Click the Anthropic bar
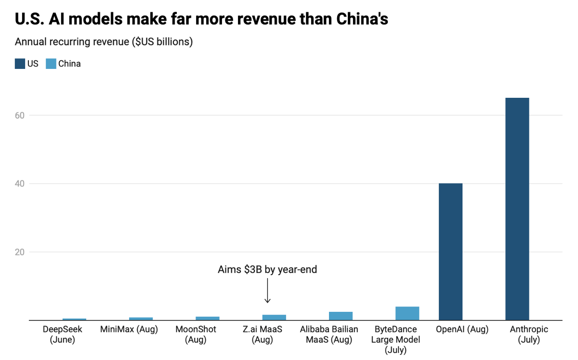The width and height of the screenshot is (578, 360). [x=517, y=209]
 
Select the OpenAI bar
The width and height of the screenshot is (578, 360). [x=450, y=252]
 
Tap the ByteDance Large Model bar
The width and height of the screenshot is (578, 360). [x=407, y=313]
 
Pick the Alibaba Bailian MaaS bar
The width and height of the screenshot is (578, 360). [x=341, y=316]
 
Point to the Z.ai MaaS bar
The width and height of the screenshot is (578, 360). [x=274, y=318]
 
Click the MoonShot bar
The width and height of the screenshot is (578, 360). [x=208, y=318]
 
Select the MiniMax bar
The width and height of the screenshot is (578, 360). [x=141, y=319]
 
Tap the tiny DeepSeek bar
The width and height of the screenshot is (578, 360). [x=74, y=319]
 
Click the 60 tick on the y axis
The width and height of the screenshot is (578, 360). [x=20, y=116]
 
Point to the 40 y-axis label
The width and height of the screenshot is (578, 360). [x=20, y=184]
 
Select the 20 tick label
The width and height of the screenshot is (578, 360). [x=20, y=252]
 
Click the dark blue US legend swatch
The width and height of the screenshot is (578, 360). [x=20, y=64]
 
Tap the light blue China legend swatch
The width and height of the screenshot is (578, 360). [x=51, y=64]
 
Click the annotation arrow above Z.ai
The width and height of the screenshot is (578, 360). [x=268, y=291]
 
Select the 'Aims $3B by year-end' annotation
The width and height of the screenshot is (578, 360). [x=267, y=269]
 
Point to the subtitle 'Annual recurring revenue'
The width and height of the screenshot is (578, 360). [x=72, y=41]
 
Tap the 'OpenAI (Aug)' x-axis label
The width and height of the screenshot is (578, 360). [x=462, y=329]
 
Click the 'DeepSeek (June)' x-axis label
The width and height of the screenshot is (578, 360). [x=63, y=334]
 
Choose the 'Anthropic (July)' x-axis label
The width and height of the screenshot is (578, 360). [x=529, y=334]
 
